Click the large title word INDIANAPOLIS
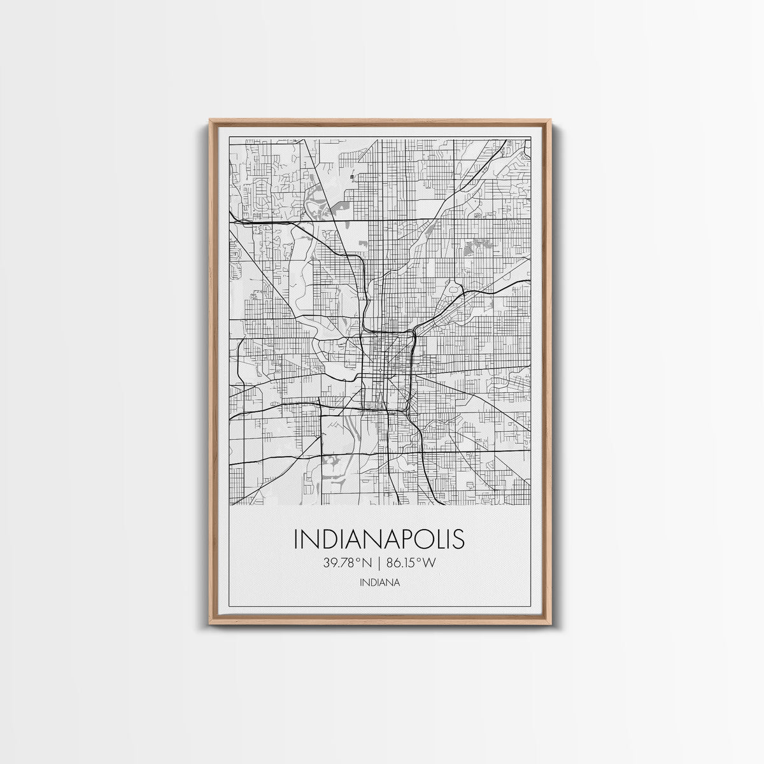coord(379,539)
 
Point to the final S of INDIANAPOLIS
coord(457,539)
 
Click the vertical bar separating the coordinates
coord(379,562)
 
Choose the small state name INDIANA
coord(379,582)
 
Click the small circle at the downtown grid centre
coord(381,371)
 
